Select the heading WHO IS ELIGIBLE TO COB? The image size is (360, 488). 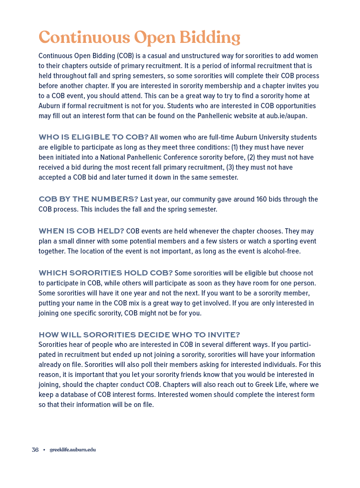click(93, 137)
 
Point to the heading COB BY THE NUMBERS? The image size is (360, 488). click(88, 199)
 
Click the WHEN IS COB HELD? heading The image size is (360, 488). click(81, 231)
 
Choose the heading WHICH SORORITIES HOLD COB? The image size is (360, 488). click(105, 273)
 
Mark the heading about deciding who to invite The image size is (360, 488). click(139, 335)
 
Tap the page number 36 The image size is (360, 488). click(35, 450)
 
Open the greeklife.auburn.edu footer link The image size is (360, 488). click(72, 450)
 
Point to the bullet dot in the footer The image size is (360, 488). click(44, 450)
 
